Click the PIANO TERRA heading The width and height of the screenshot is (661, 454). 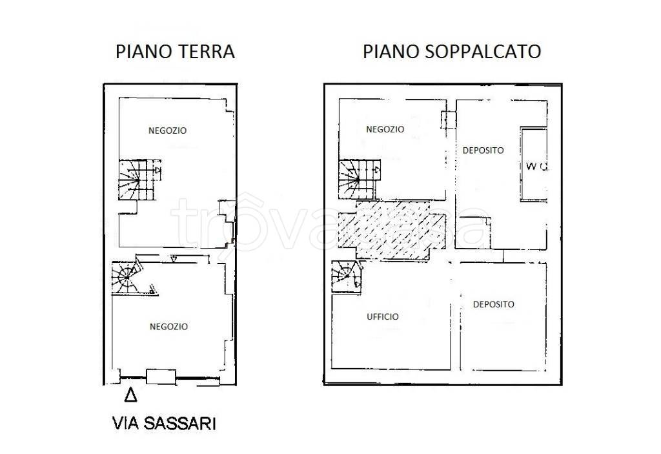point(174,52)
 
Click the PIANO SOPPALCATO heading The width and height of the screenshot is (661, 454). point(451,52)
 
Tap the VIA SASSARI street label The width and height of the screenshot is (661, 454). point(164,424)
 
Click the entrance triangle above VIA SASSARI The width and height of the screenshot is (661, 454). point(130,395)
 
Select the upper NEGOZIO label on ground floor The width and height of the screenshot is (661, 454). point(167,130)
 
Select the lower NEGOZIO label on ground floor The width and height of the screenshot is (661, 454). point(168,327)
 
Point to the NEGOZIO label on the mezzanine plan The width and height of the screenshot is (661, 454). point(385,129)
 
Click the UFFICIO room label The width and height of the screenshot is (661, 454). point(383,317)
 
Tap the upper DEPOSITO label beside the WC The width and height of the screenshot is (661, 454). point(483,150)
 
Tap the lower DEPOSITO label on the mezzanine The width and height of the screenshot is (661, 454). point(493,304)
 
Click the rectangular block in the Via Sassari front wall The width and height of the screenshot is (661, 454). point(161,376)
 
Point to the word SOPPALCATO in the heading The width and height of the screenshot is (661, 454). point(483,52)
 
